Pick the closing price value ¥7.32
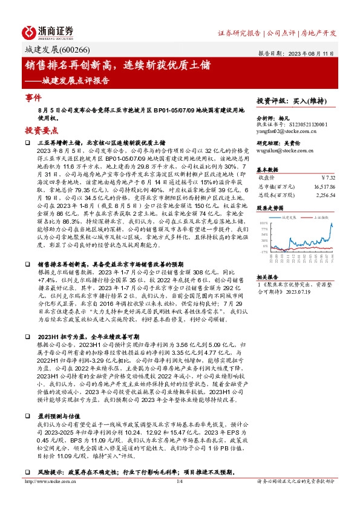[327, 177]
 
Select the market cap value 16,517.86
[321, 187]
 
